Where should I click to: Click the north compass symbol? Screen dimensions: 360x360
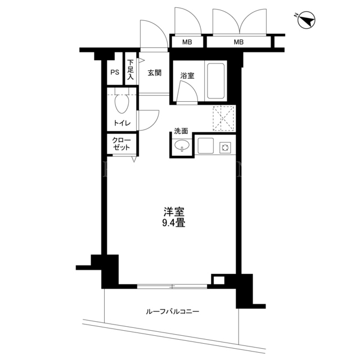point(306,20)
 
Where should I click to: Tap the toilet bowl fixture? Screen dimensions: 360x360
point(122,103)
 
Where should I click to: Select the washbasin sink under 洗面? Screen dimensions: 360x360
point(182,145)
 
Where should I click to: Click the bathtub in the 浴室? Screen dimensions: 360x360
point(216,81)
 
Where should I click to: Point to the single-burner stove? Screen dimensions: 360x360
point(225,147)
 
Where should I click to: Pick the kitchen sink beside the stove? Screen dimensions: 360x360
point(206,146)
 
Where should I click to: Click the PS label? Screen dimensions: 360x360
point(115,73)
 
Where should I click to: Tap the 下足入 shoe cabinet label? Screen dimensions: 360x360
point(130,70)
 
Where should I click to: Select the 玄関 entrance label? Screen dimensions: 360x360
point(155,73)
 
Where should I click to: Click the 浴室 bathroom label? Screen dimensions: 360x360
point(187,75)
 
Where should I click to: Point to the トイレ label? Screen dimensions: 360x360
point(122,123)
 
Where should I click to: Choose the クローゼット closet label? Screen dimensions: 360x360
point(121,144)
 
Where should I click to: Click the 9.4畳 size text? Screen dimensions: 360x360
point(174,223)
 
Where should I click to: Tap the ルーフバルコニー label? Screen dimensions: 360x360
point(173,312)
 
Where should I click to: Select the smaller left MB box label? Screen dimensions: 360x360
point(187,42)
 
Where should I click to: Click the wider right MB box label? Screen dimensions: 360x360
point(238,42)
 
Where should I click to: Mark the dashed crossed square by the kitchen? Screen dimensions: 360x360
point(223,119)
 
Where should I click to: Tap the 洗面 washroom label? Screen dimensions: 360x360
point(181,131)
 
